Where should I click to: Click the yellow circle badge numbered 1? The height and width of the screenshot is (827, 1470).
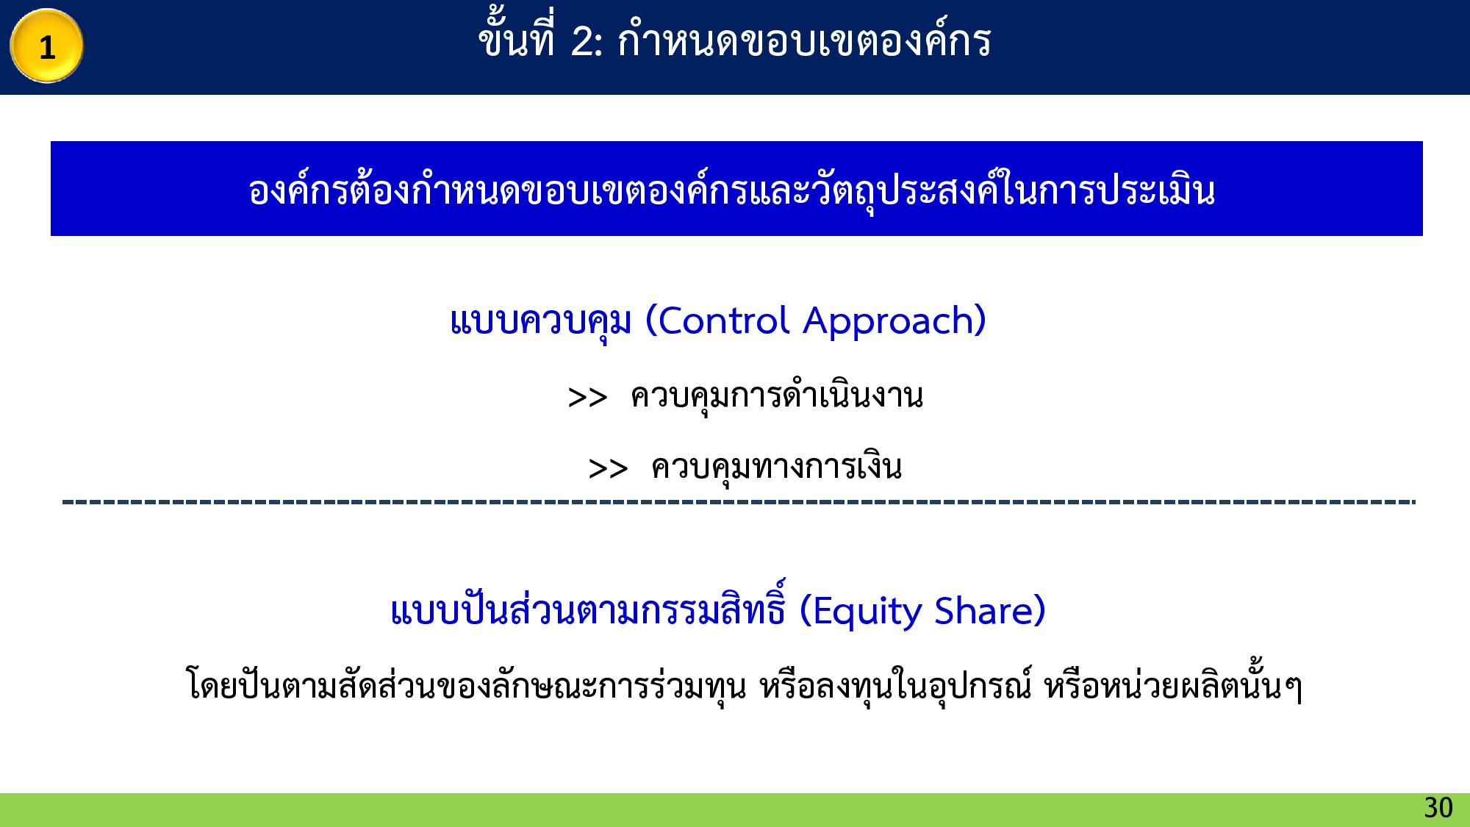coord(46,46)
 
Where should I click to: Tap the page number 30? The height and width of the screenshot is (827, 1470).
coord(1438,808)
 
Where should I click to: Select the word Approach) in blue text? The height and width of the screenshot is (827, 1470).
coord(894,321)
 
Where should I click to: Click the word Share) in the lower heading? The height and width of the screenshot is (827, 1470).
coord(990,611)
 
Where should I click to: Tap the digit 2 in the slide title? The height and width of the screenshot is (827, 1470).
coord(582,42)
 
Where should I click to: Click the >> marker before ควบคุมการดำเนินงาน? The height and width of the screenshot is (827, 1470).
coord(587,398)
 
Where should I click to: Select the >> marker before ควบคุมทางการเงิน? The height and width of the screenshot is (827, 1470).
coord(608,468)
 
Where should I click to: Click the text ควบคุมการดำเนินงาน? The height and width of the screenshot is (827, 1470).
coord(777,396)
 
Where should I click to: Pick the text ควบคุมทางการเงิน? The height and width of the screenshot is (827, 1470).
coord(776,468)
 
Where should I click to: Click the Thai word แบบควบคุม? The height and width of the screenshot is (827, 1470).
coord(541,321)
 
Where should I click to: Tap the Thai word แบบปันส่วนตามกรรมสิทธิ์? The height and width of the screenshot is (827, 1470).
coord(588,611)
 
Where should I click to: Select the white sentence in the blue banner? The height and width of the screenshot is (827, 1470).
coord(732,190)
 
